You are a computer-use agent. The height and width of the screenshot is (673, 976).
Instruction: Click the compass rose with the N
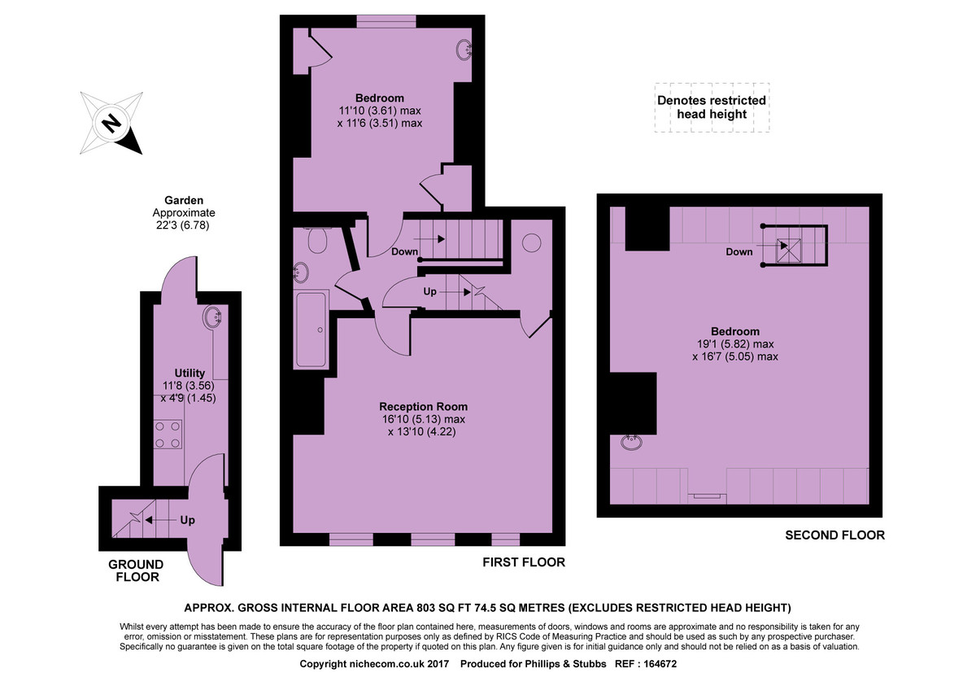(x=111, y=124)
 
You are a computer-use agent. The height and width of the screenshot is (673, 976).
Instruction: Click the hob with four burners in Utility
(x=168, y=433)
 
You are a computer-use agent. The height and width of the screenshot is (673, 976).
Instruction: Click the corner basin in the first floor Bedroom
(x=464, y=50)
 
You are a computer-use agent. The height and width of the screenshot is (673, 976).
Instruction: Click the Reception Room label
(x=423, y=406)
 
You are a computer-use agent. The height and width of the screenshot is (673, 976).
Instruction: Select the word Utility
(x=190, y=374)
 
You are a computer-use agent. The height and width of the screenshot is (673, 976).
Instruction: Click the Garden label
(x=184, y=199)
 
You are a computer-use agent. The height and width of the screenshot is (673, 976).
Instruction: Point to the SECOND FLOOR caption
(x=834, y=535)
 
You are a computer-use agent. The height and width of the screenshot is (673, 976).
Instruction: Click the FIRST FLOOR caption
(x=524, y=562)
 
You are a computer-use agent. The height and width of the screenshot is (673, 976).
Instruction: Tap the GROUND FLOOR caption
(x=136, y=570)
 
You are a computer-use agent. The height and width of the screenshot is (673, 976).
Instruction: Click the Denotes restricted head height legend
(x=712, y=107)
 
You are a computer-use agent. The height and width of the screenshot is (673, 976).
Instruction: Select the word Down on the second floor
(x=739, y=251)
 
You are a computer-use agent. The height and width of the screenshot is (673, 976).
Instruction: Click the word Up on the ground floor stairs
(x=187, y=520)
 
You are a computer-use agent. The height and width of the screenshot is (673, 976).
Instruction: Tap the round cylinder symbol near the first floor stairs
(x=532, y=243)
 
